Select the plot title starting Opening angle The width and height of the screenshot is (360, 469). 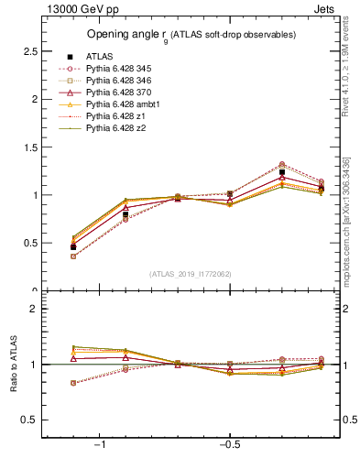point(191,35)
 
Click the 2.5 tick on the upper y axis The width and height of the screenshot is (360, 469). point(30,50)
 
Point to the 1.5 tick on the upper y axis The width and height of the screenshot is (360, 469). point(30,147)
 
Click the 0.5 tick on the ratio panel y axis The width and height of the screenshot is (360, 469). point(30,420)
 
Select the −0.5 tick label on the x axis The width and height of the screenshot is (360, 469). point(229,444)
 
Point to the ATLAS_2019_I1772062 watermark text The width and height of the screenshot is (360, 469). point(191,273)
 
